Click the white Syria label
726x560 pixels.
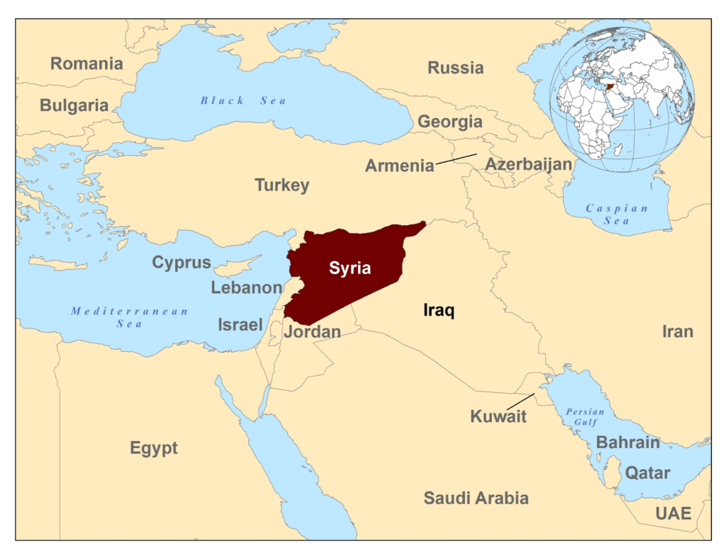[x=350, y=268]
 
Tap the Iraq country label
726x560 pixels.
[x=438, y=310]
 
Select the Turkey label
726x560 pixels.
[x=282, y=185]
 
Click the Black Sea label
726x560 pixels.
[x=243, y=101]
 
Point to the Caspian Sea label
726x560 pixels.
[x=617, y=214]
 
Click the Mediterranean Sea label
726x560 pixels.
[x=130, y=317]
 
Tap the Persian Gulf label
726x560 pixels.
[x=585, y=417]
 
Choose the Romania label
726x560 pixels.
[x=86, y=64]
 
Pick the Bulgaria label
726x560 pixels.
[x=74, y=105]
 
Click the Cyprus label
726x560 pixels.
[x=181, y=263]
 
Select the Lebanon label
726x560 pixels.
[x=247, y=287]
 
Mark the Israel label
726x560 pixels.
[x=240, y=325]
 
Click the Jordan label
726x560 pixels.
[x=312, y=331]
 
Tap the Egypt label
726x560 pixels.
[x=154, y=448]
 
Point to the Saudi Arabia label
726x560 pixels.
[x=476, y=498]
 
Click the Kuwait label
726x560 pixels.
[x=498, y=416]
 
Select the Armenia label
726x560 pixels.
[x=399, y=166]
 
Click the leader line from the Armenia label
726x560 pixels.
[x=456, y=159]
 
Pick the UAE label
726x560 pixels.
[x=673, y=513]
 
